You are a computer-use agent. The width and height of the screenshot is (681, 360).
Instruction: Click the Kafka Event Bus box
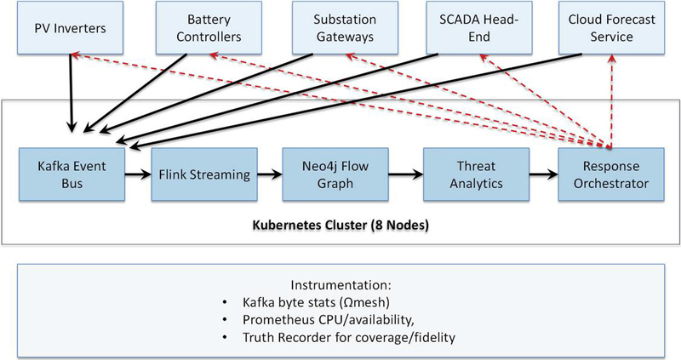coord(70,175)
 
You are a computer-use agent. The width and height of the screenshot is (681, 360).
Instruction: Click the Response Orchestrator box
coord(609,175)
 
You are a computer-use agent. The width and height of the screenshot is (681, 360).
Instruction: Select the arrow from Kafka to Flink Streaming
coord(137,175)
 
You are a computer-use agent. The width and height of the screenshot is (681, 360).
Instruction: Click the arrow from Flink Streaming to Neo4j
coord(272,175)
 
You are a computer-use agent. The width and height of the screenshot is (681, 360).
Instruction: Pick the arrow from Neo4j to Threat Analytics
coord(407,175)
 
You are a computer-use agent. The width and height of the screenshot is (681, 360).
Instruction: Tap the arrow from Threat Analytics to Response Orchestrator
coord(542,175)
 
